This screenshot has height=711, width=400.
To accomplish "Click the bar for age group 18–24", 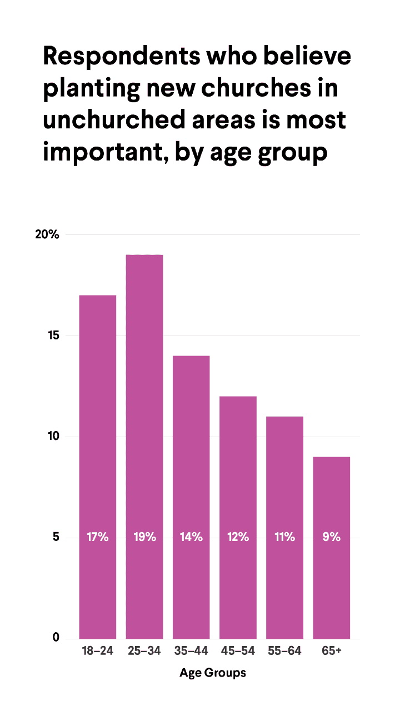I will tap(98, 467).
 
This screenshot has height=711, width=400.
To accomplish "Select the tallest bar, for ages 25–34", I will tap(144, 444).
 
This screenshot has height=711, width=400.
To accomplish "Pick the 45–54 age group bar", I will tap(238, 517).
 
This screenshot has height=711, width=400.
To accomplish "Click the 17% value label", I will tap(98, 537).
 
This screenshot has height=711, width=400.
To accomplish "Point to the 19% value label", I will tap(144, 537).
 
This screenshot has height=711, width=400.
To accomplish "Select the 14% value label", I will tap(191, 537).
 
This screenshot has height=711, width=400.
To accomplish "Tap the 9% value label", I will tap(332, 537).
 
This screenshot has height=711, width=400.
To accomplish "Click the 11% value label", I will tap(284, 537).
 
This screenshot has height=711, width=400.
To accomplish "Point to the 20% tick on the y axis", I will tap(47, 234).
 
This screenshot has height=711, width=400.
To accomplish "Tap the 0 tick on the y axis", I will tap(56, 638).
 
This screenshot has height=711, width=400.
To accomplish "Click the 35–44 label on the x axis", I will tap(191, 651).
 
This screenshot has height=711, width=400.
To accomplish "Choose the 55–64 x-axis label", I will tap(284, 651).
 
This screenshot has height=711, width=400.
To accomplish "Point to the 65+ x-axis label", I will tap(332, 651).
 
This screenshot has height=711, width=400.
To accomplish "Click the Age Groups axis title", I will tap(213, 673).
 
